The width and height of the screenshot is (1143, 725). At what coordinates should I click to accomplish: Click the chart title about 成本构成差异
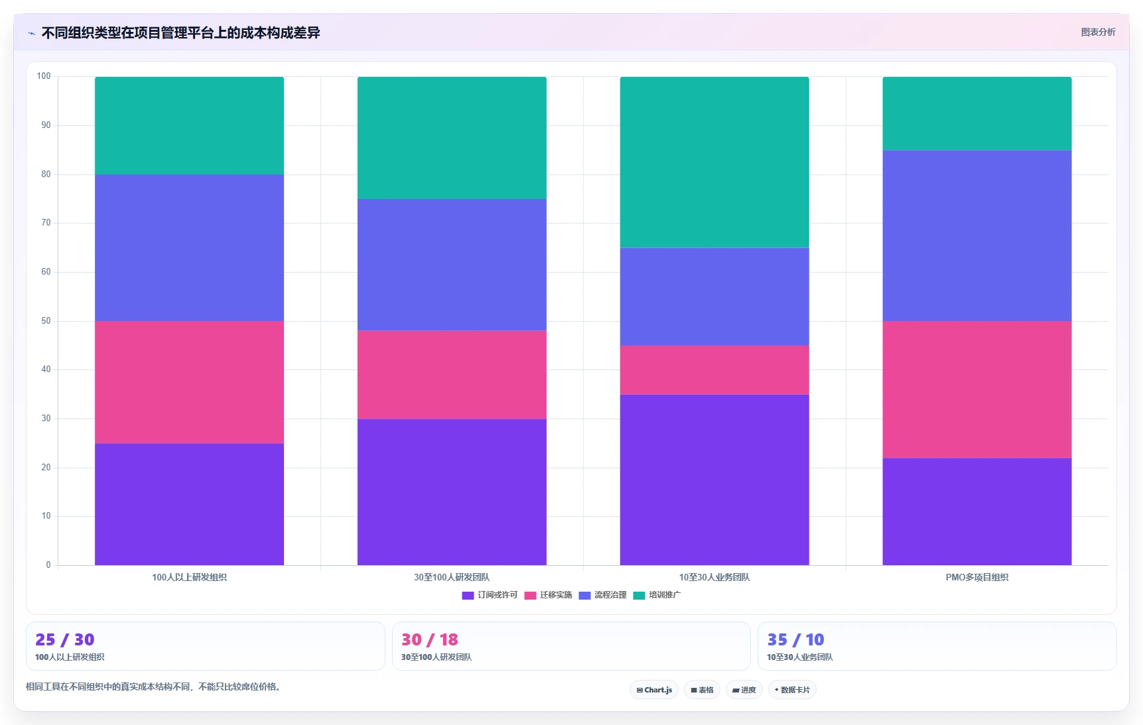point(180,33)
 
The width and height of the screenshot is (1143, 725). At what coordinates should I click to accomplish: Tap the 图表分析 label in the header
point(1098,32)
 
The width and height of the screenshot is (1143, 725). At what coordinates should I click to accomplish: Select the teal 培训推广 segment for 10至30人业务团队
point(714,163)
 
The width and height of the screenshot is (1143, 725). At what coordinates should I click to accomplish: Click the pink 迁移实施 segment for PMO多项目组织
point(976,389)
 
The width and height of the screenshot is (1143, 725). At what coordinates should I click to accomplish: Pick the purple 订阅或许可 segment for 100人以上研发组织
point(189,504)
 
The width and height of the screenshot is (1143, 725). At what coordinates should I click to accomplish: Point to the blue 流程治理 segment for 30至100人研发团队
point(452,265)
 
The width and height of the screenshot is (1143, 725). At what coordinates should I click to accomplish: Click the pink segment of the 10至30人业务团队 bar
point(714,370)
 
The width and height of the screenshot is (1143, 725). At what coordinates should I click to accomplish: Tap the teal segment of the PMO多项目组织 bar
point(976,113)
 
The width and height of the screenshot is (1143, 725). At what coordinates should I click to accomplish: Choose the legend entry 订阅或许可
point(490,595)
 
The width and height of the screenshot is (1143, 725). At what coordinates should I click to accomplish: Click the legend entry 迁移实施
point(548,595)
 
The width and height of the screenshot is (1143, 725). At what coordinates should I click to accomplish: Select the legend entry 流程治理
point(602,595)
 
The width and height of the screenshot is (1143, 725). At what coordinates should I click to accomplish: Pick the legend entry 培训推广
point(657,595)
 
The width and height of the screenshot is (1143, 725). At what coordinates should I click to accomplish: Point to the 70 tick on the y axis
point(46,223)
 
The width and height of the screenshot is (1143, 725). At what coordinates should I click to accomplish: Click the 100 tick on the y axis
point(44,76)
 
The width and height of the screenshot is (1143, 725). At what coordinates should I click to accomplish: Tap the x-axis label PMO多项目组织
point(976,577)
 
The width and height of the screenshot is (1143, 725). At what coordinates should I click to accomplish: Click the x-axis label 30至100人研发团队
point(452,577)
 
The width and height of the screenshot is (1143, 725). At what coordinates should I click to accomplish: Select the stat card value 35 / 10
point(795,639)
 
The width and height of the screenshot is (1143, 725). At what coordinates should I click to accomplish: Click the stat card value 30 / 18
point(429,639)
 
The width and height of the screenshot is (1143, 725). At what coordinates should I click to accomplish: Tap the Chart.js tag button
point(654,690)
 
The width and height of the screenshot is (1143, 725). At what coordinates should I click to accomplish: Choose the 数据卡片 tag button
point(792,690)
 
